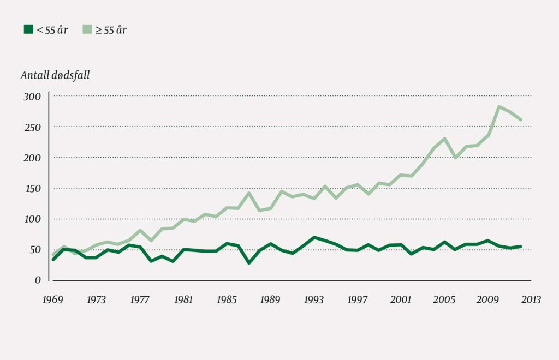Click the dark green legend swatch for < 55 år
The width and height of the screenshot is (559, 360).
coord(28,29)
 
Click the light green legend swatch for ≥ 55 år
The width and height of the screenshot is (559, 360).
coord(87,29)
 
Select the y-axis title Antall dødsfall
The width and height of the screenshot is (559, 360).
coord(55,75)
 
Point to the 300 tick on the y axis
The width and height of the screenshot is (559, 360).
coord(32,97)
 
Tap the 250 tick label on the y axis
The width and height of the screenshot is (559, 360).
coord(32,127)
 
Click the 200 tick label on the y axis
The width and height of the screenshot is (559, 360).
coord(32,158)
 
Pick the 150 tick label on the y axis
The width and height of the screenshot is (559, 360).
coord(32,188)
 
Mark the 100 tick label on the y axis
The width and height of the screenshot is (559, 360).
coord(32,219)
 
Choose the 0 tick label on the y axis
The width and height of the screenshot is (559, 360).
coord(38,280)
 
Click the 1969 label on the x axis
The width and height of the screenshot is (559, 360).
coord(53,299)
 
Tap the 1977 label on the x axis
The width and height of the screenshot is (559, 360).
coord(140,299)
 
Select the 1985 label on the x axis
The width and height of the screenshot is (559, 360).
coord(227,299)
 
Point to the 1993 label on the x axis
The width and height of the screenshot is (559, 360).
coord(313,299)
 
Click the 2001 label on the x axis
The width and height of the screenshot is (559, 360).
coord(401,299)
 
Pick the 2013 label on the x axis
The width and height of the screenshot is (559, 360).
coord(531,299)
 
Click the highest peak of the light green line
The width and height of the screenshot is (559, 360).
coord(498,107)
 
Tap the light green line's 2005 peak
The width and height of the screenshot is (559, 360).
coord(444,139)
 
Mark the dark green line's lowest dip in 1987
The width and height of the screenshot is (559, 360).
coord(249,262)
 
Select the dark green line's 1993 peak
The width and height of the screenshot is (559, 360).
coord(313,237)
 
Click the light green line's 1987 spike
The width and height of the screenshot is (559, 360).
coord(249,193)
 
